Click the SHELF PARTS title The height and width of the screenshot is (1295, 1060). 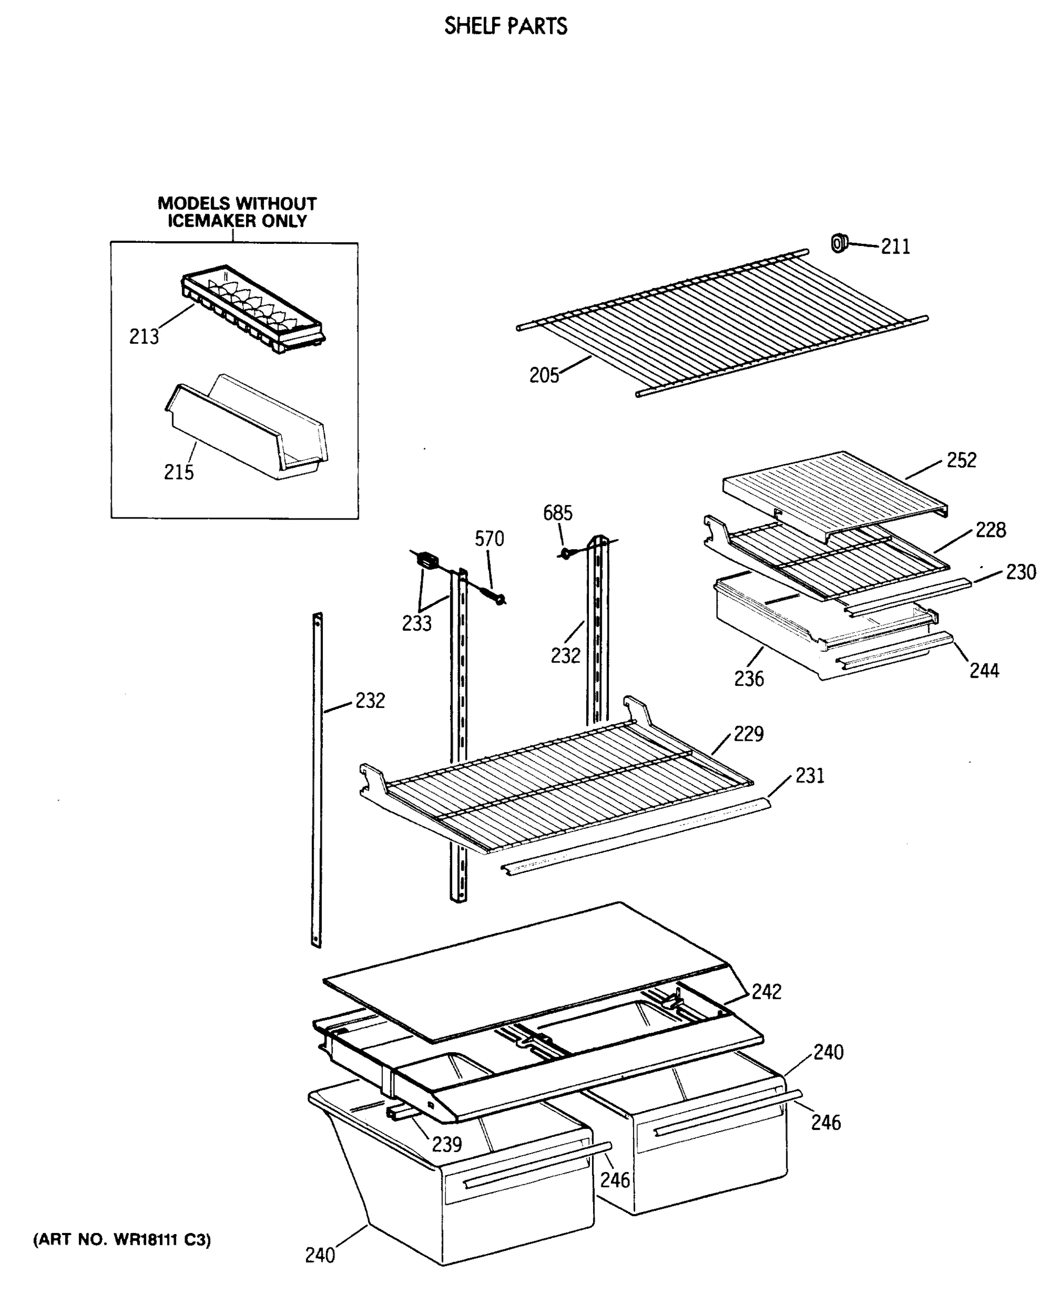[x=506, y=26]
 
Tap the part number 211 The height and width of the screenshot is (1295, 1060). [x=895, y=247]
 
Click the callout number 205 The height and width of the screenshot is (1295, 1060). [x=544, y=376]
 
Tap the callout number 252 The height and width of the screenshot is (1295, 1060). [x=961, y=460]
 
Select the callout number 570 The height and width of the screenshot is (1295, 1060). [x=489, y=539]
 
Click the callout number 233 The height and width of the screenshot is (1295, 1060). [x=417, y=623]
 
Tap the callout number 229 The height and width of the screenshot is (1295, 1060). [x=748, y=733]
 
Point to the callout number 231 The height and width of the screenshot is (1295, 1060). [x=809, y=776]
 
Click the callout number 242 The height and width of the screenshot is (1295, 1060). [x=766, y=992]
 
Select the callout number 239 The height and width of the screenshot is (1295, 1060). [x=446, y=1145]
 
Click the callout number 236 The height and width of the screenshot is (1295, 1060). [x=749, y=678]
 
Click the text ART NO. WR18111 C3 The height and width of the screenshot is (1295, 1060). [x=121, y=1240]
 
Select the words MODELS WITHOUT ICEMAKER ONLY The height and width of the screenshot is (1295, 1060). [x=237, y=212]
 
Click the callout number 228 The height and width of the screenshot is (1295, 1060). [x=990, y=530]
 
